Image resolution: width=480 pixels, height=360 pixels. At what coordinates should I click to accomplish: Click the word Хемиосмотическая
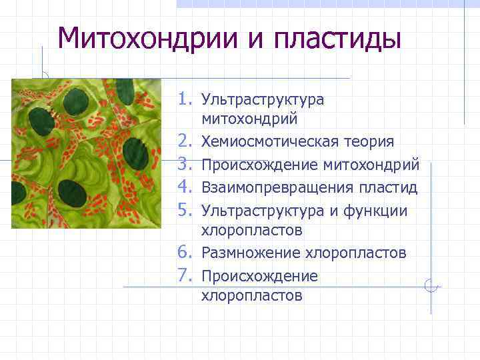265,142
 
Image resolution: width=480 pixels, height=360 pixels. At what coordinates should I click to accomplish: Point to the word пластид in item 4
389,187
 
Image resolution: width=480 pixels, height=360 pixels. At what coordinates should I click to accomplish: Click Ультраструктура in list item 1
263,100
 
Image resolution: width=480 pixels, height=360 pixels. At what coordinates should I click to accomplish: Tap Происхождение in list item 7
259,276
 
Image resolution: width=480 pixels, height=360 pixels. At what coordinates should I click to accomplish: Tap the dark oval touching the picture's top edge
123,86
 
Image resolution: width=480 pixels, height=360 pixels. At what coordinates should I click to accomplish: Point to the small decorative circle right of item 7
431,287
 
